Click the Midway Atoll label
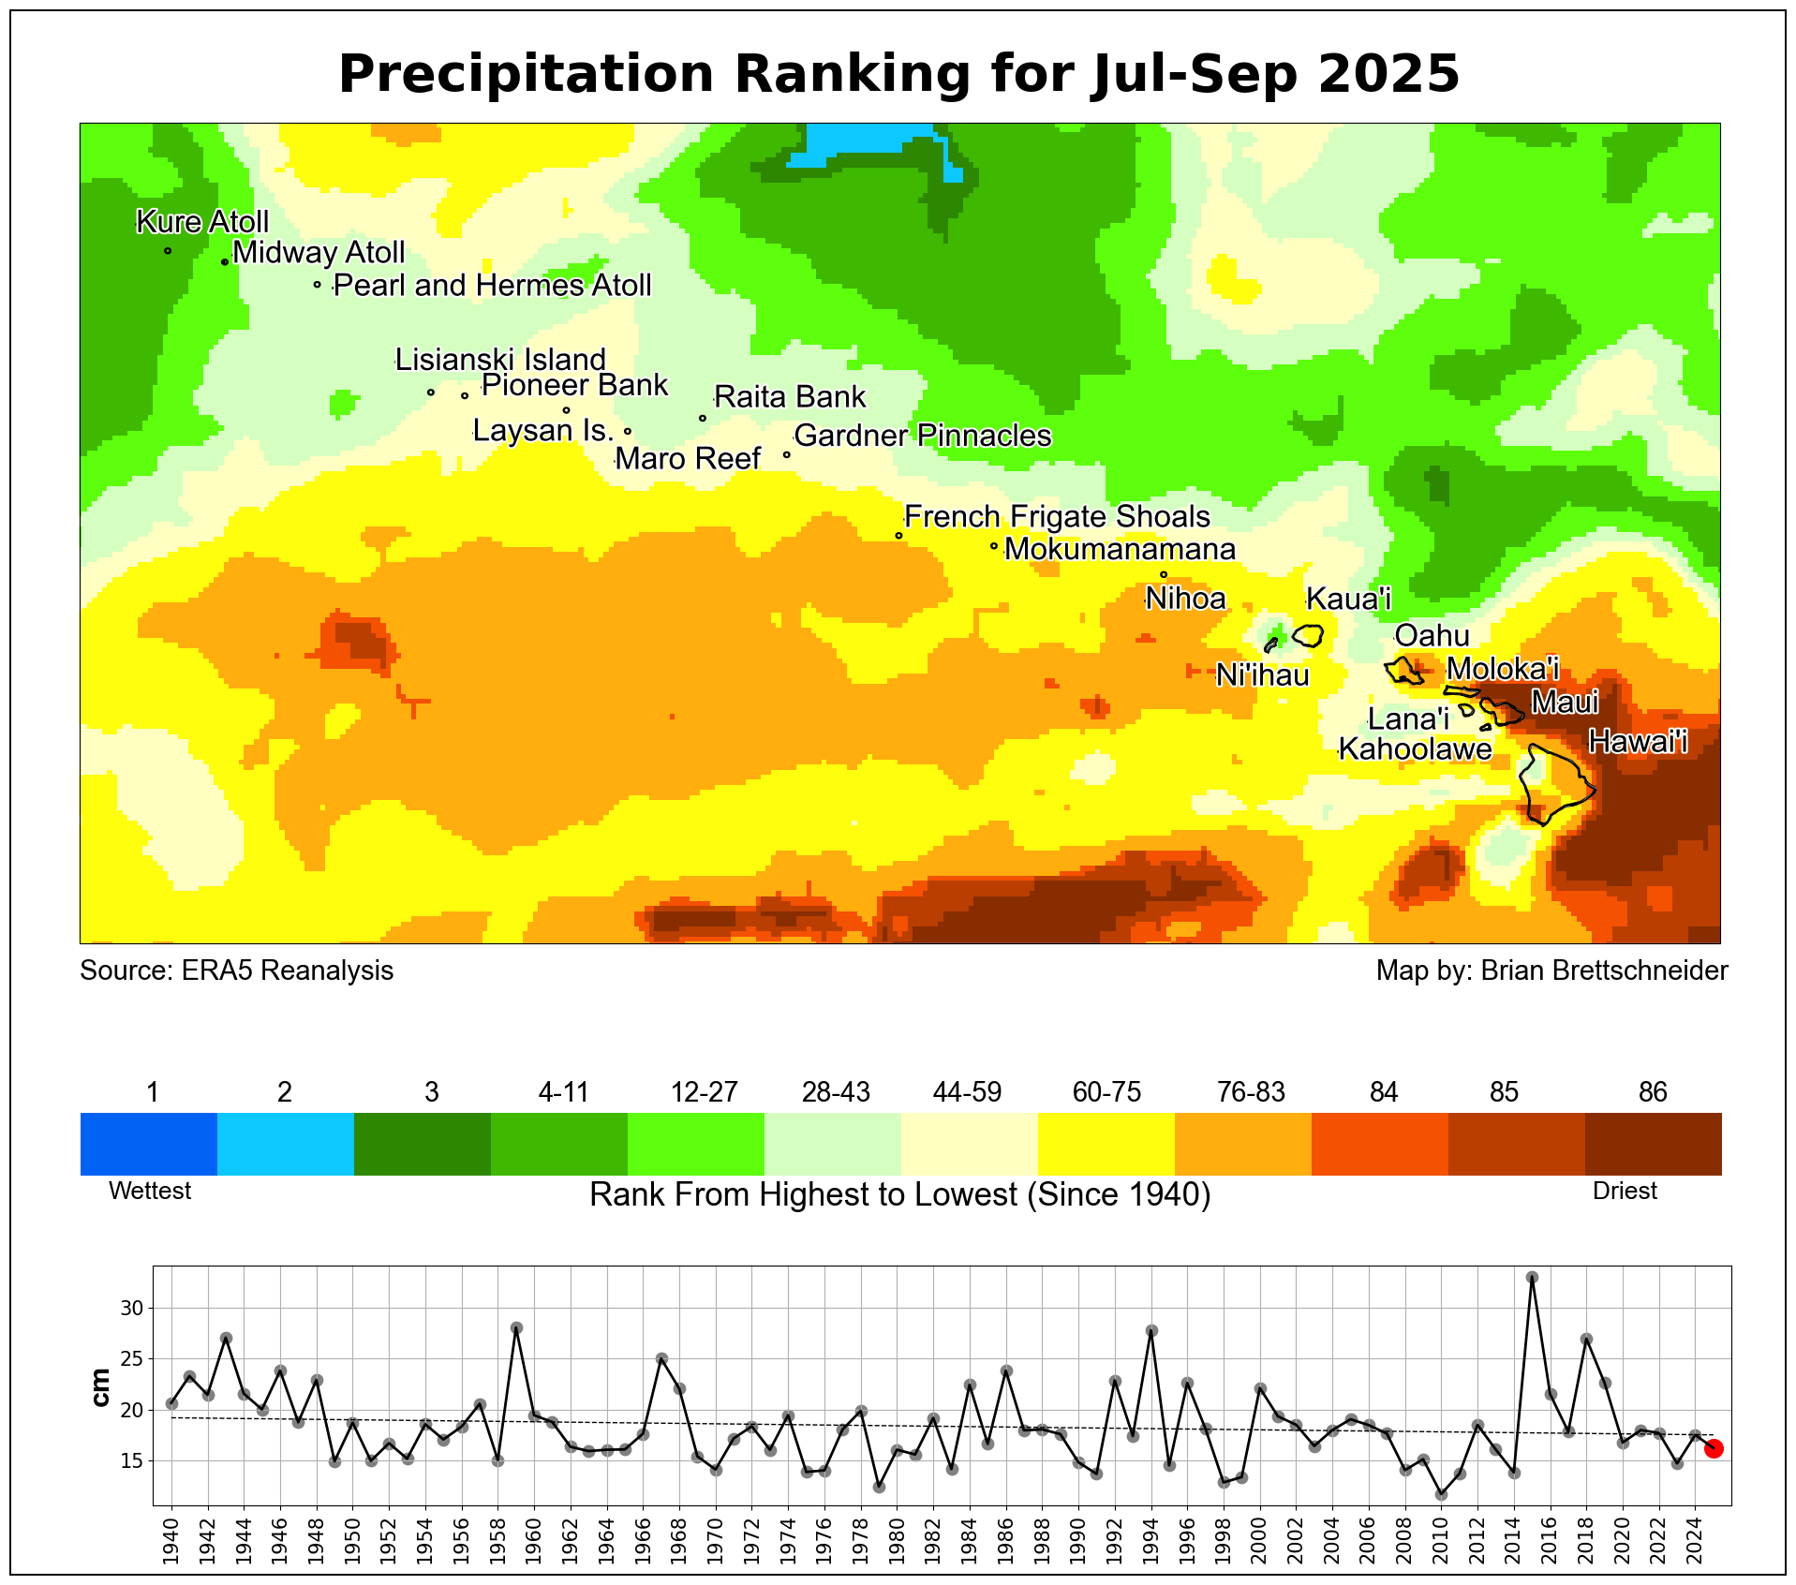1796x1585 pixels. point(319,253)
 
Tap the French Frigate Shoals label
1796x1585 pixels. point(1057,517)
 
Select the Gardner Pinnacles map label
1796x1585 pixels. point(923,436)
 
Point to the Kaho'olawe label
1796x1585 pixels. point(1415,749)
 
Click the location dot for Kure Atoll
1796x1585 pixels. point(168,250)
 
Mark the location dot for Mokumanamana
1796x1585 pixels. point(993,546)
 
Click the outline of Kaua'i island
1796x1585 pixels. point(1309,636)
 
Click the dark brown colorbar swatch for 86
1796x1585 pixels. point(1653,1143)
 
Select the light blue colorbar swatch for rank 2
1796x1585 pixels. point(285,1143)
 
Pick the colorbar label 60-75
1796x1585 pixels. point(1106,1092)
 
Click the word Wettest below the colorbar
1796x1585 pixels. point(150,1191)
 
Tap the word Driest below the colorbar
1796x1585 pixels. point(1625,1191)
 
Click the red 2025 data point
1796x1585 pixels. point(1714,1448)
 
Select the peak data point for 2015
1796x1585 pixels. point(1532,1278)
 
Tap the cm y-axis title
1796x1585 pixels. point(100,1386)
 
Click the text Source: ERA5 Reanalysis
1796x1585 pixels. point(237,970)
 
